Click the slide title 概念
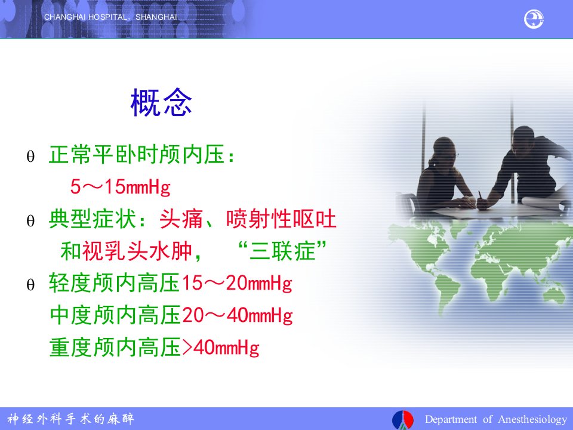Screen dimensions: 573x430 click(161, 103)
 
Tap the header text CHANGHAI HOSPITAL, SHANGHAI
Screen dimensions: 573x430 click(111, 17)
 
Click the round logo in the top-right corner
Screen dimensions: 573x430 click(534, 19)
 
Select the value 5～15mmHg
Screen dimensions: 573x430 click(121, 186)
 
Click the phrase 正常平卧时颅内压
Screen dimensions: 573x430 click(137, 154)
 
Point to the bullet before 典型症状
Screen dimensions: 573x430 click(30, 221)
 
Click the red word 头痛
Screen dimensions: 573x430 click(181, 219)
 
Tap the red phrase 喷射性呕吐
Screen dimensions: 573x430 click(281, 219)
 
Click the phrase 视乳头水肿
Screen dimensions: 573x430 click(137, 251)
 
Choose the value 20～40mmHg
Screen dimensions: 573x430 click(238, 315)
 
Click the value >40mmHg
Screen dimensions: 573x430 click(221, 348)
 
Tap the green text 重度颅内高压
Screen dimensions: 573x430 click(115, 348)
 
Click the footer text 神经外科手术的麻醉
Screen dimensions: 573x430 click(70, 419)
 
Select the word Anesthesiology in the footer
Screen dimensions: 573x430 click(532, 419)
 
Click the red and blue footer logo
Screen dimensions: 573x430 click(403, 419)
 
